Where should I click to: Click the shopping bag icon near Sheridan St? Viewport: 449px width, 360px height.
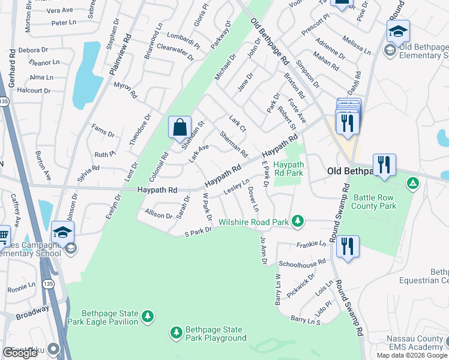click(179, 127)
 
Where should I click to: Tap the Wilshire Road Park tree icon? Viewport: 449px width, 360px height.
click(297, 222)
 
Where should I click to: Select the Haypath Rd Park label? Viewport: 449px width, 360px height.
click(288, 169)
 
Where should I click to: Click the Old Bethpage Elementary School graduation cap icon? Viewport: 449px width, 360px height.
click(398, 32)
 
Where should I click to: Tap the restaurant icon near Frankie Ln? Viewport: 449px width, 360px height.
click(348, 246)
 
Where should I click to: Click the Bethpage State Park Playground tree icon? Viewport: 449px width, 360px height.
click(176, 332)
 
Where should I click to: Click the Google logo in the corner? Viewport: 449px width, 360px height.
click(20, 353)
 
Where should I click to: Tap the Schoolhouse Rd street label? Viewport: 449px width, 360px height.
click(301, 262)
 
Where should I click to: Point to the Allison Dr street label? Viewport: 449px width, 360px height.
click(158, 214)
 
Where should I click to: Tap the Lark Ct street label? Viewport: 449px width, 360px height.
click(238, 124)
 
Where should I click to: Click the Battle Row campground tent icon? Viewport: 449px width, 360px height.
click(412, 183)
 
